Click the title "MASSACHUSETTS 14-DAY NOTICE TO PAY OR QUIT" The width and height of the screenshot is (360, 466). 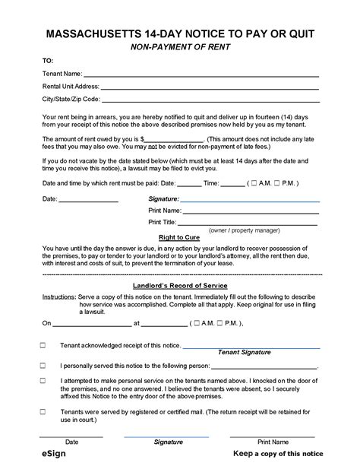click(180, 34)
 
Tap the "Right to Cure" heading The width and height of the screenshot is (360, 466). click(179, 238)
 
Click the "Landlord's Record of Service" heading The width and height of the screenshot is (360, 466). click(179, 284)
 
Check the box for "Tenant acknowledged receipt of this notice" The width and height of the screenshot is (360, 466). click(43, 345)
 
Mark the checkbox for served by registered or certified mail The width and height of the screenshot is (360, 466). click(43, 411)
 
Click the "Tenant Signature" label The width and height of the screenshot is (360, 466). click(244, 353)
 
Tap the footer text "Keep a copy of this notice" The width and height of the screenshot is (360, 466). click(277, 454)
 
